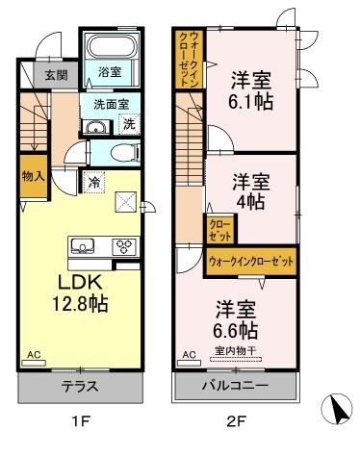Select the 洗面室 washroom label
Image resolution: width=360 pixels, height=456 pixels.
click(111, 105)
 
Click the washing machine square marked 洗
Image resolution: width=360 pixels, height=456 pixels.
click(129, 123)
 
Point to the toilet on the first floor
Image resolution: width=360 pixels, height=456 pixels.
click(119, 152)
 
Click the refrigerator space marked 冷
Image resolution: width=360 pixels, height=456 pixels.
click(94, 180)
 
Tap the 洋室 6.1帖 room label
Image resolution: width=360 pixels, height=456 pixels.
click(249, 89)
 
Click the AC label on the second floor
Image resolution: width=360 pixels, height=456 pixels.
click(188, 355)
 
